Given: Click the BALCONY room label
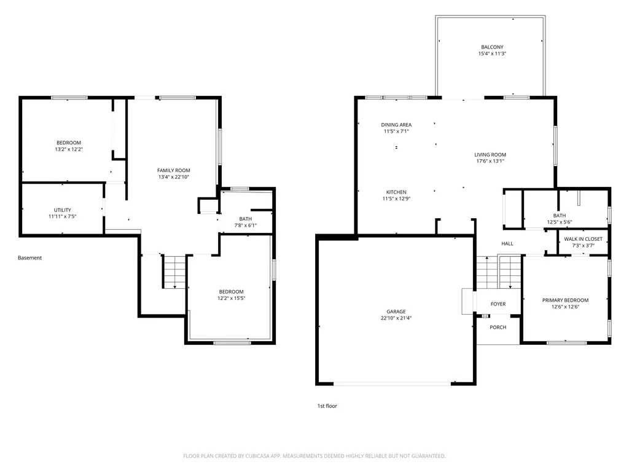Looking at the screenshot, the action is [x=492, y=47].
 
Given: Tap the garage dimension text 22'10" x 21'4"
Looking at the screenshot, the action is [x=396, y=318].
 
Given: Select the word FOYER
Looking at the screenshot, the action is [x=498, y=304].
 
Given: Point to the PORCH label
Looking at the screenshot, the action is [x=498, y=327].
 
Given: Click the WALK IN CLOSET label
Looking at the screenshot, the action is [x=584, y=239].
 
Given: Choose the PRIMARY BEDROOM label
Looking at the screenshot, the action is [x=565, y=300].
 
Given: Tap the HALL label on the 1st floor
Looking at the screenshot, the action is [x=507, y=243].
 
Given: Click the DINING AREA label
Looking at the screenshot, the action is [x=396, y=124].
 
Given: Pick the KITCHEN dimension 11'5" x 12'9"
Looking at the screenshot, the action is [x=396, y=199].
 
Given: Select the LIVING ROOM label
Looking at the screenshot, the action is [x=490, y=154].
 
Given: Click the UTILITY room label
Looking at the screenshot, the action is [x=63, y=210].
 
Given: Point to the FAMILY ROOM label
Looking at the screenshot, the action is [x=174, y=170].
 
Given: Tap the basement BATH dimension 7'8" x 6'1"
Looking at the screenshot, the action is [x=246, y=225].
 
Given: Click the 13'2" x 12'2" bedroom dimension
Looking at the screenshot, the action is [x=69, y=149].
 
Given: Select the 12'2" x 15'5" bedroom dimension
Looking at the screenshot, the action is [x=231, y=298].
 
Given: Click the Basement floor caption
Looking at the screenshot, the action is [x=29, y=258].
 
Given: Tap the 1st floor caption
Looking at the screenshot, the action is [x=327, y=406].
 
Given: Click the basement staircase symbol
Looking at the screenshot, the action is [x=174, y=272].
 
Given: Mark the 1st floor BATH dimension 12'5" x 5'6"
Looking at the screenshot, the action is [x=560, y=222].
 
